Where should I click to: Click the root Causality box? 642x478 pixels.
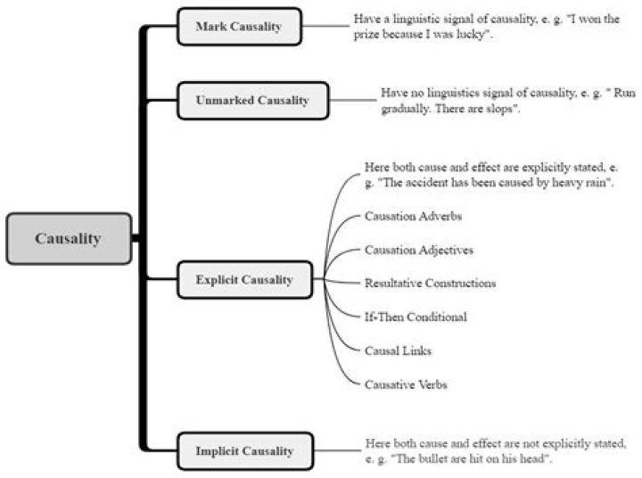coord(69,238)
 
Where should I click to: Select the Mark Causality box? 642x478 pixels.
coord(238,26)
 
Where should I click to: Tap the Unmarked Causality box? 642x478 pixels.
coord(251,101)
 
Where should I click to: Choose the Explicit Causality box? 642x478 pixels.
coord(244,279)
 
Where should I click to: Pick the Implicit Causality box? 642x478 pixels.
coord(243,451)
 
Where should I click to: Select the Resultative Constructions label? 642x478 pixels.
coord(430,284)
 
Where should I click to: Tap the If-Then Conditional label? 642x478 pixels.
coord(416,317)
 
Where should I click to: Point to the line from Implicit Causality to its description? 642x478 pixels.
coord(338,451)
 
